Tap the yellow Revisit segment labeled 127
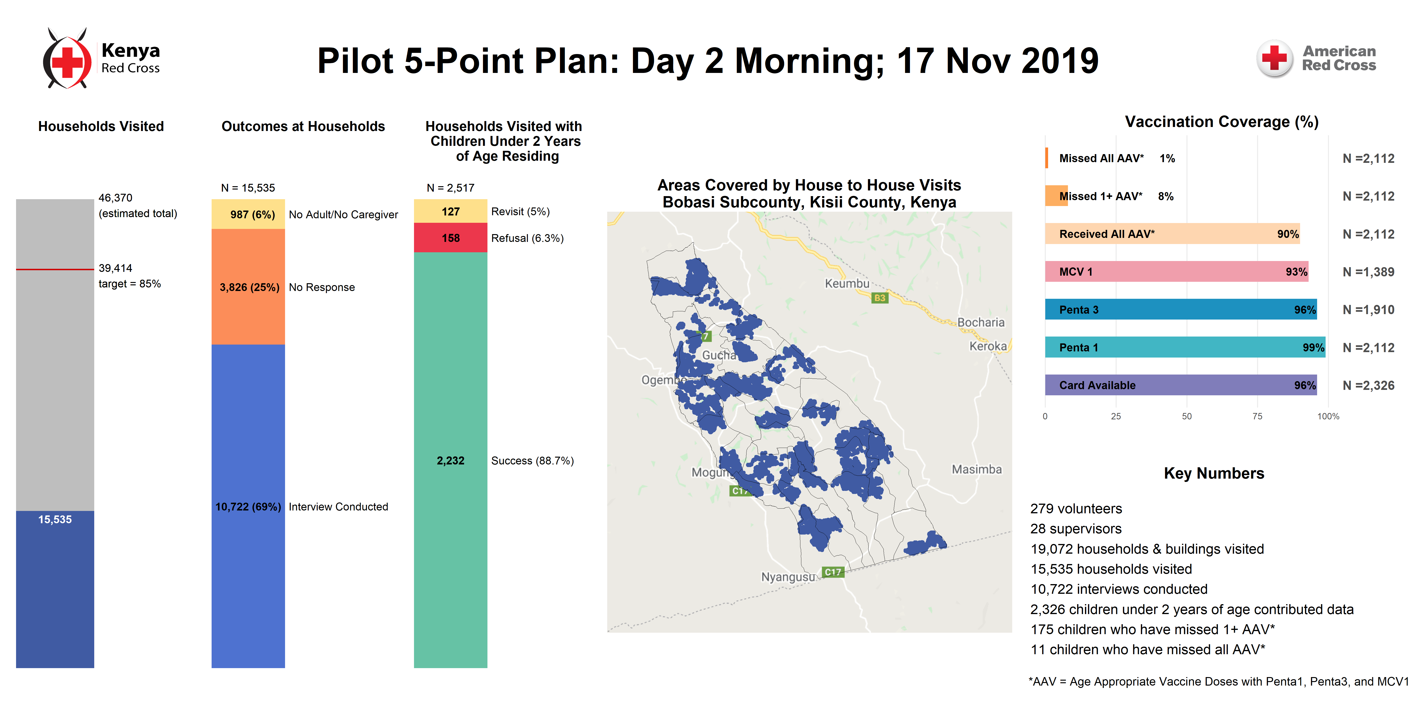click(x=451, y=211)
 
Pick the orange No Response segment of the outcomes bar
click(x=248, y=287)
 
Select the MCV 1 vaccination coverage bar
click(x=1177, y=272)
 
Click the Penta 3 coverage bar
click(x=1181, y=309)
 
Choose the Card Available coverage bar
click(x=1181, y=385)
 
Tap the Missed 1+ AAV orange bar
click(x=1056, y=196)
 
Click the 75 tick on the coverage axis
click(x=1258, y=416)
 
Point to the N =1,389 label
click(x=1368, y=272)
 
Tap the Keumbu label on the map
click(x=847, y=284)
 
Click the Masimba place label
click(x=977, y=469)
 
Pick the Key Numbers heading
click(x=1214, y=473)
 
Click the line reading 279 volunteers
click(x=1076, y=509)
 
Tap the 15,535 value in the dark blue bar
click(x=55, y=519)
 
